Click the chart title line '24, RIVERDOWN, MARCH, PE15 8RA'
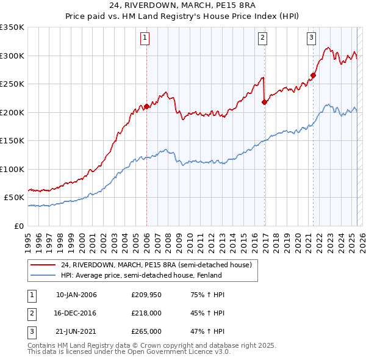[182, 7]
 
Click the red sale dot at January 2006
[146, 107]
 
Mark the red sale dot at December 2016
[264, 103]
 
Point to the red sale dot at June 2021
[313, 76]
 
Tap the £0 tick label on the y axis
[18, 226]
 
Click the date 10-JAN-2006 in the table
[76, 295]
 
